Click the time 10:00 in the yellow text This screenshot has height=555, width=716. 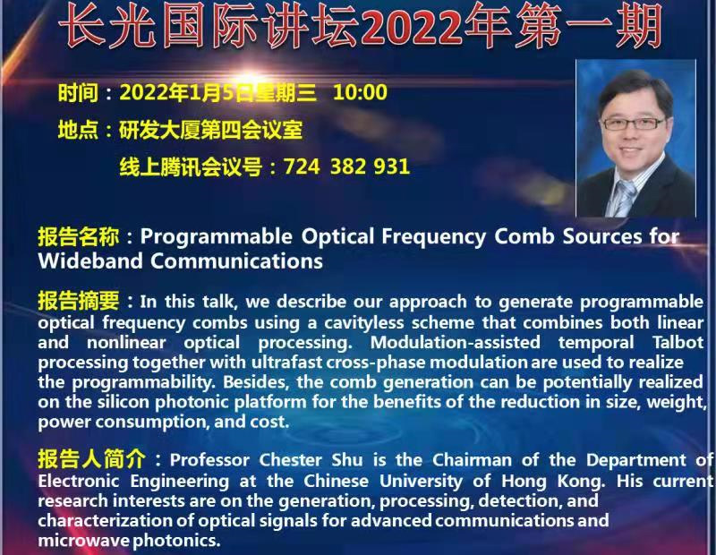pos(361,92)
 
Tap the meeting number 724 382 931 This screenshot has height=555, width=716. pos(346,166)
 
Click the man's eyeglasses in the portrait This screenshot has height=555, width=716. pos(634,124)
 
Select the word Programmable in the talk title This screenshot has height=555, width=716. pos(216,237)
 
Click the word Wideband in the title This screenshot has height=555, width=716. pos(90,260)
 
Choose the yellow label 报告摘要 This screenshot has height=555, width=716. pos(79,301)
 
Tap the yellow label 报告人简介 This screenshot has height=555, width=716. pos(92,459)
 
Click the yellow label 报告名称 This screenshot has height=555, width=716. pos(79,236)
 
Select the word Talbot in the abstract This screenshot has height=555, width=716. pos(678,343)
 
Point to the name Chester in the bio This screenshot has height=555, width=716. pos(290,460)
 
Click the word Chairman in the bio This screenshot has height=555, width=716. pos(472,460)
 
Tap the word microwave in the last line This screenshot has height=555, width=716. pos(83,541)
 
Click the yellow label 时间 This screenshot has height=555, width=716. pos(78,93)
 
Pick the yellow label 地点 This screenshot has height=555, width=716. pos(78,130)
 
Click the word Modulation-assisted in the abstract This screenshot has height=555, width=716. pos(455,343)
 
